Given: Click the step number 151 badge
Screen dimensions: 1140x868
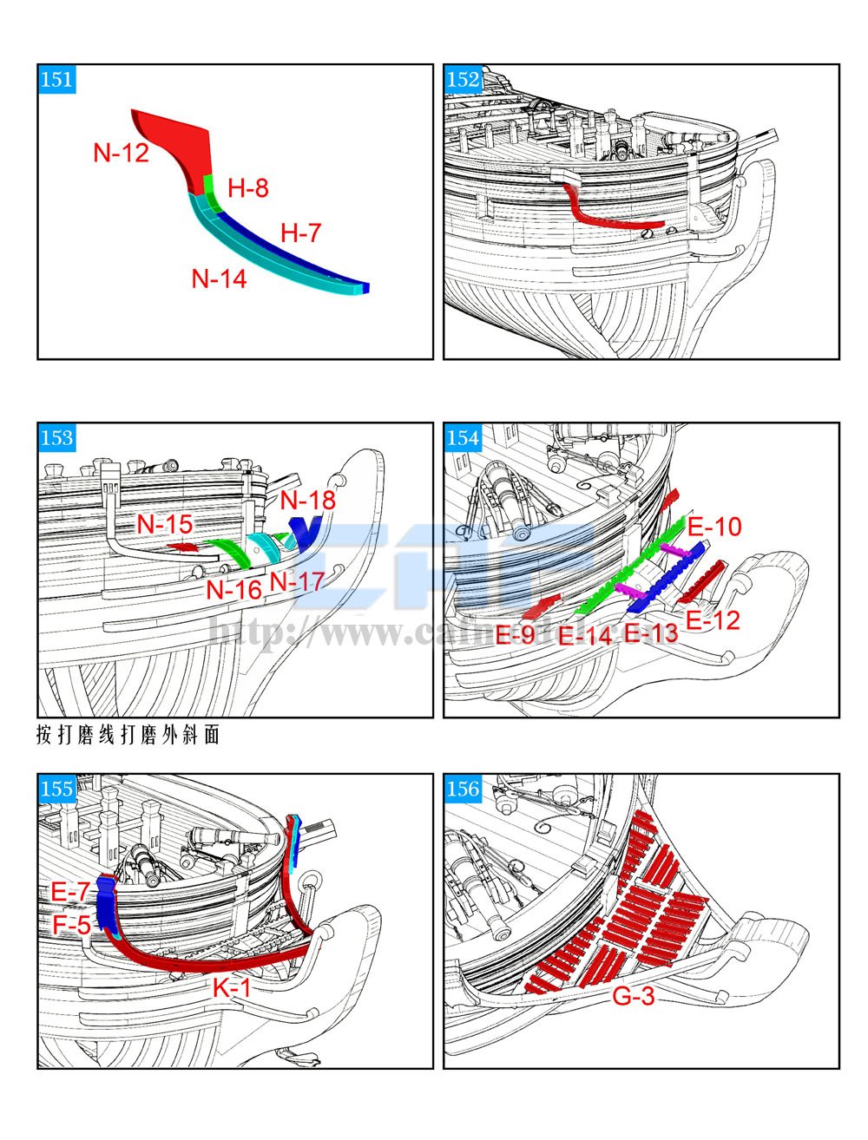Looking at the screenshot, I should [56, 80].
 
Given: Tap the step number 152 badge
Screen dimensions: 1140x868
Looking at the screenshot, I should [463, 80].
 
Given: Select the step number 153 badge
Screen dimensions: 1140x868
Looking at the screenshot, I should [56, 437].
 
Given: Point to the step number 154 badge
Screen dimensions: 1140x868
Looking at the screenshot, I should [463, 437].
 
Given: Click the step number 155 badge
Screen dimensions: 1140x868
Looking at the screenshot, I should [56, 788].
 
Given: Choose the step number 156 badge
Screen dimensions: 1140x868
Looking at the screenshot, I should [463, 788].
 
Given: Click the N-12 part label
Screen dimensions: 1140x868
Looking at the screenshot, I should [122, 154].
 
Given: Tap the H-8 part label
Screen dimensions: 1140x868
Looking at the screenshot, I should [248, 188].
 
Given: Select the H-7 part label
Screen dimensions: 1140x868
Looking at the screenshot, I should [301, 233].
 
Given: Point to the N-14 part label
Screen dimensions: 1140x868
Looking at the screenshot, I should [219, 278].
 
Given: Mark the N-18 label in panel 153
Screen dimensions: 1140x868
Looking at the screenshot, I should [307, 501].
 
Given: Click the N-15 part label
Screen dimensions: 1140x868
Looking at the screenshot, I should [165, 525].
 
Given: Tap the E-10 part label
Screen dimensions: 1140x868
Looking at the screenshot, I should [714, 527].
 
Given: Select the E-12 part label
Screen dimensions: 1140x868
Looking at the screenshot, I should [713, 620].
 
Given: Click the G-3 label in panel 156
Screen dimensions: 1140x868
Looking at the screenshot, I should [634, 997].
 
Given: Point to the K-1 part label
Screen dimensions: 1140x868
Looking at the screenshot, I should [232, 987].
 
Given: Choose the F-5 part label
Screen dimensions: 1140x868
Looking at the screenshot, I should [71, 925].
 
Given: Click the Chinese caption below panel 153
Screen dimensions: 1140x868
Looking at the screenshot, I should [128, 736].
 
